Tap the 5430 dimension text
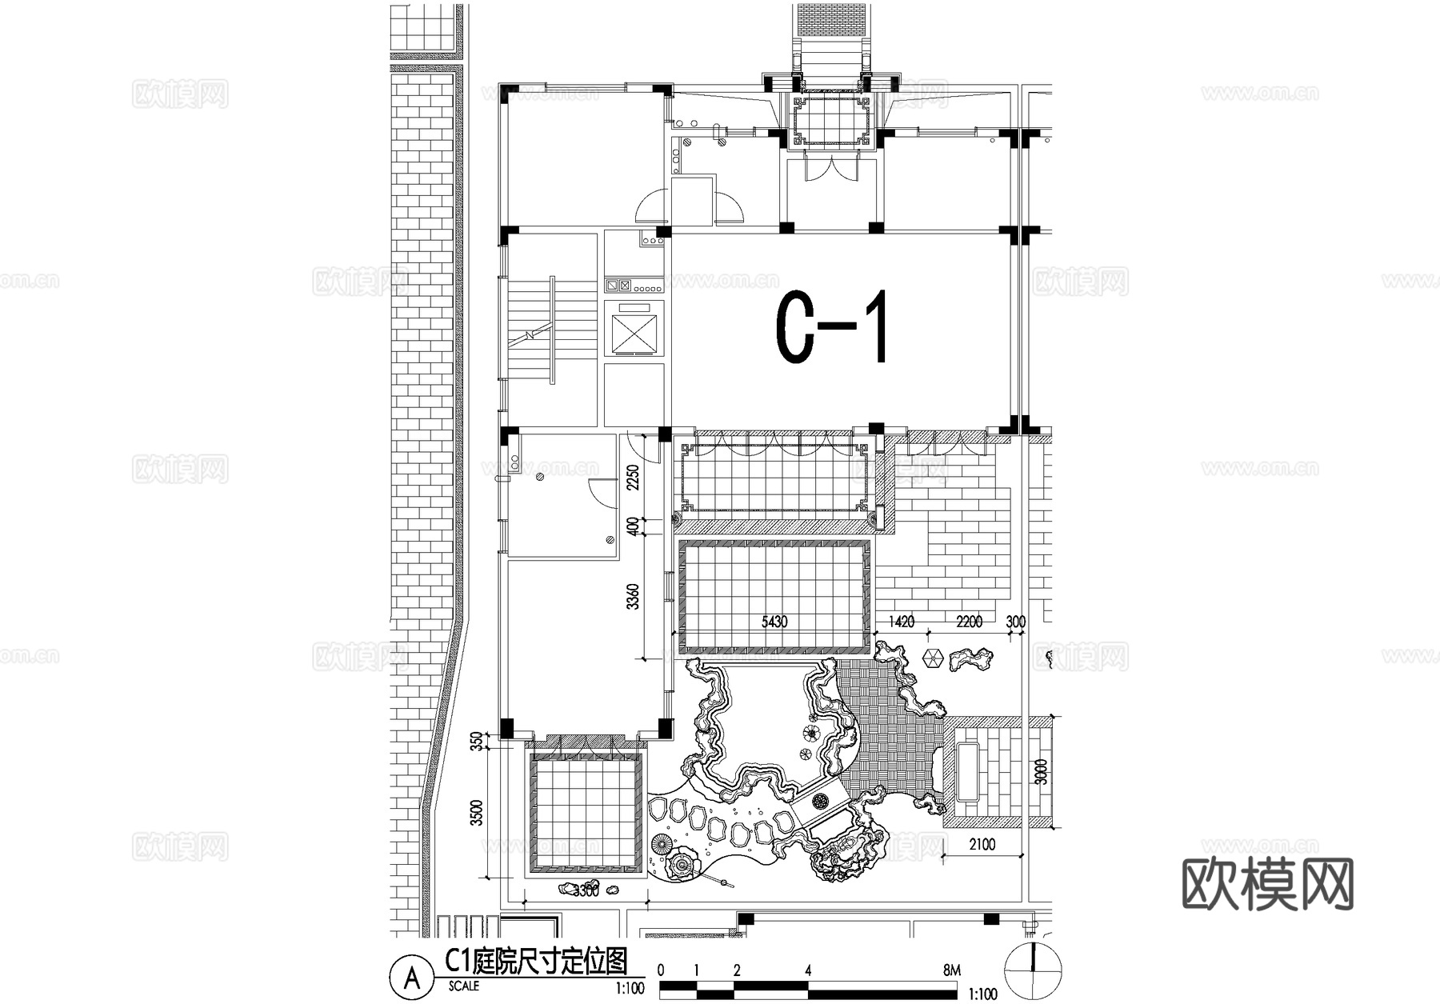click(x=774, y=622)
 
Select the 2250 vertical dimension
click(x=633, y=478)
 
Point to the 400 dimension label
click(x=633, y=526)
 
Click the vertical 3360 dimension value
click(x=633, y=597)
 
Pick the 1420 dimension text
click(x=901, y=622)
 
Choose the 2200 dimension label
click(x=969, y=622)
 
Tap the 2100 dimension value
click(x=982, y=844)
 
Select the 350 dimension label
click(x=478, y=742)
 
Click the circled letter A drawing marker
click(x=412, y=978)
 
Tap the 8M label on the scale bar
click(x=951, y=970)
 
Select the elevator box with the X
click(x=634, y=333)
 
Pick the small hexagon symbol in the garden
click(x=931, y=658)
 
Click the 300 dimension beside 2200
click(x=1015, y=622)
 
